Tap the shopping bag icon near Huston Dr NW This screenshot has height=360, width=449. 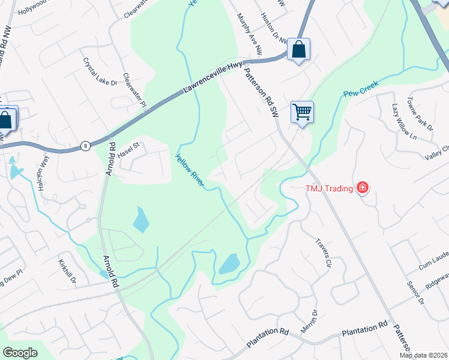click(298, 49)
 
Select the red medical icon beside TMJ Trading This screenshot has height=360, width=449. click(362, 188)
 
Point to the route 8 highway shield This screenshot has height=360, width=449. click(86, 146)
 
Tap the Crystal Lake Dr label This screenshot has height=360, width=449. click(100, 72)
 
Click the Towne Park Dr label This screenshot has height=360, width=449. click(420, 113)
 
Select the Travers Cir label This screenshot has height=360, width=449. click(323, 253)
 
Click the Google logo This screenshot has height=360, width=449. click(20, 353)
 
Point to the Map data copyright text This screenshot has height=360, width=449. click(424, 355)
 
